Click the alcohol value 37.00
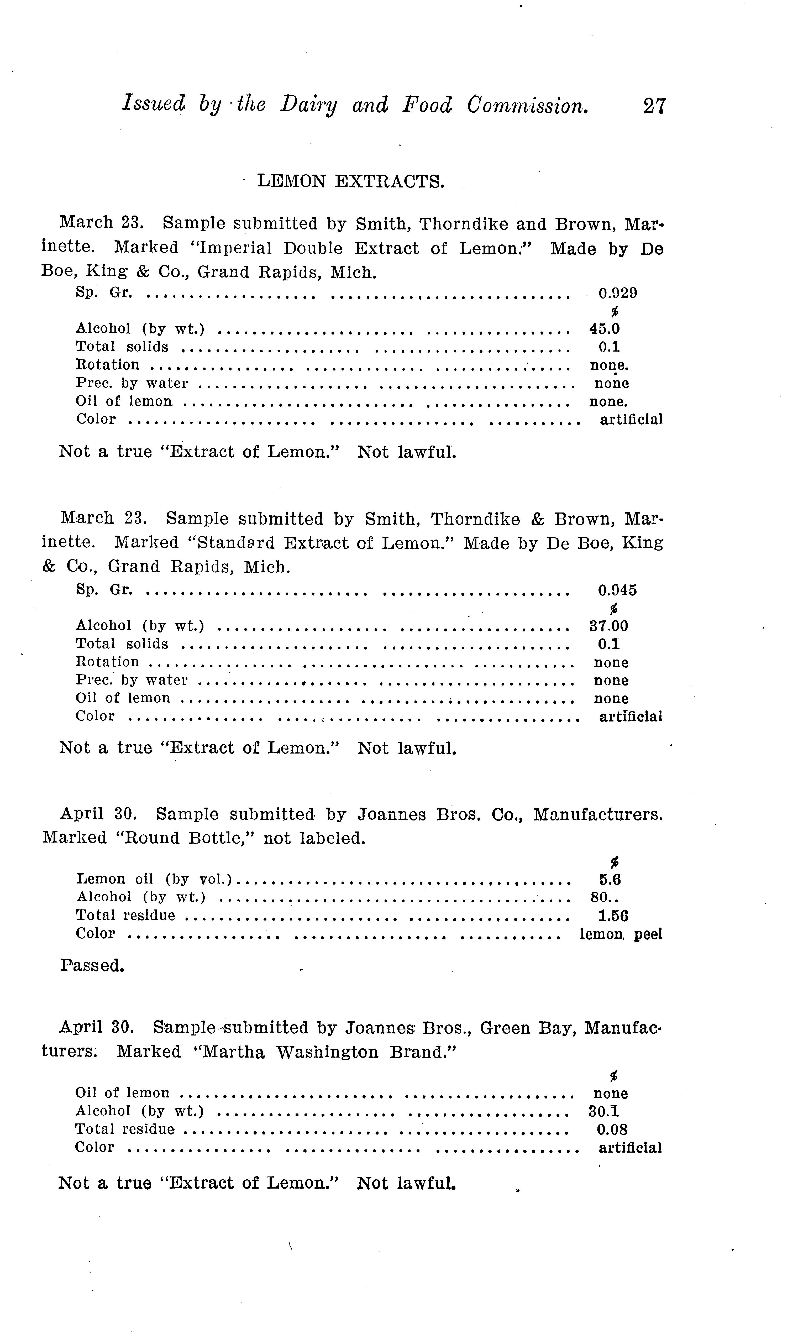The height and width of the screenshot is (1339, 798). (x=609, y=626)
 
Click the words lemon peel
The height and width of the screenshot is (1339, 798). (x=621, y=934)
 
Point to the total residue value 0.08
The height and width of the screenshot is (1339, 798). (x=612, y=1130)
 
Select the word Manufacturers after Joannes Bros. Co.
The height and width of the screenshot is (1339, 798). (x=597, y=815)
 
